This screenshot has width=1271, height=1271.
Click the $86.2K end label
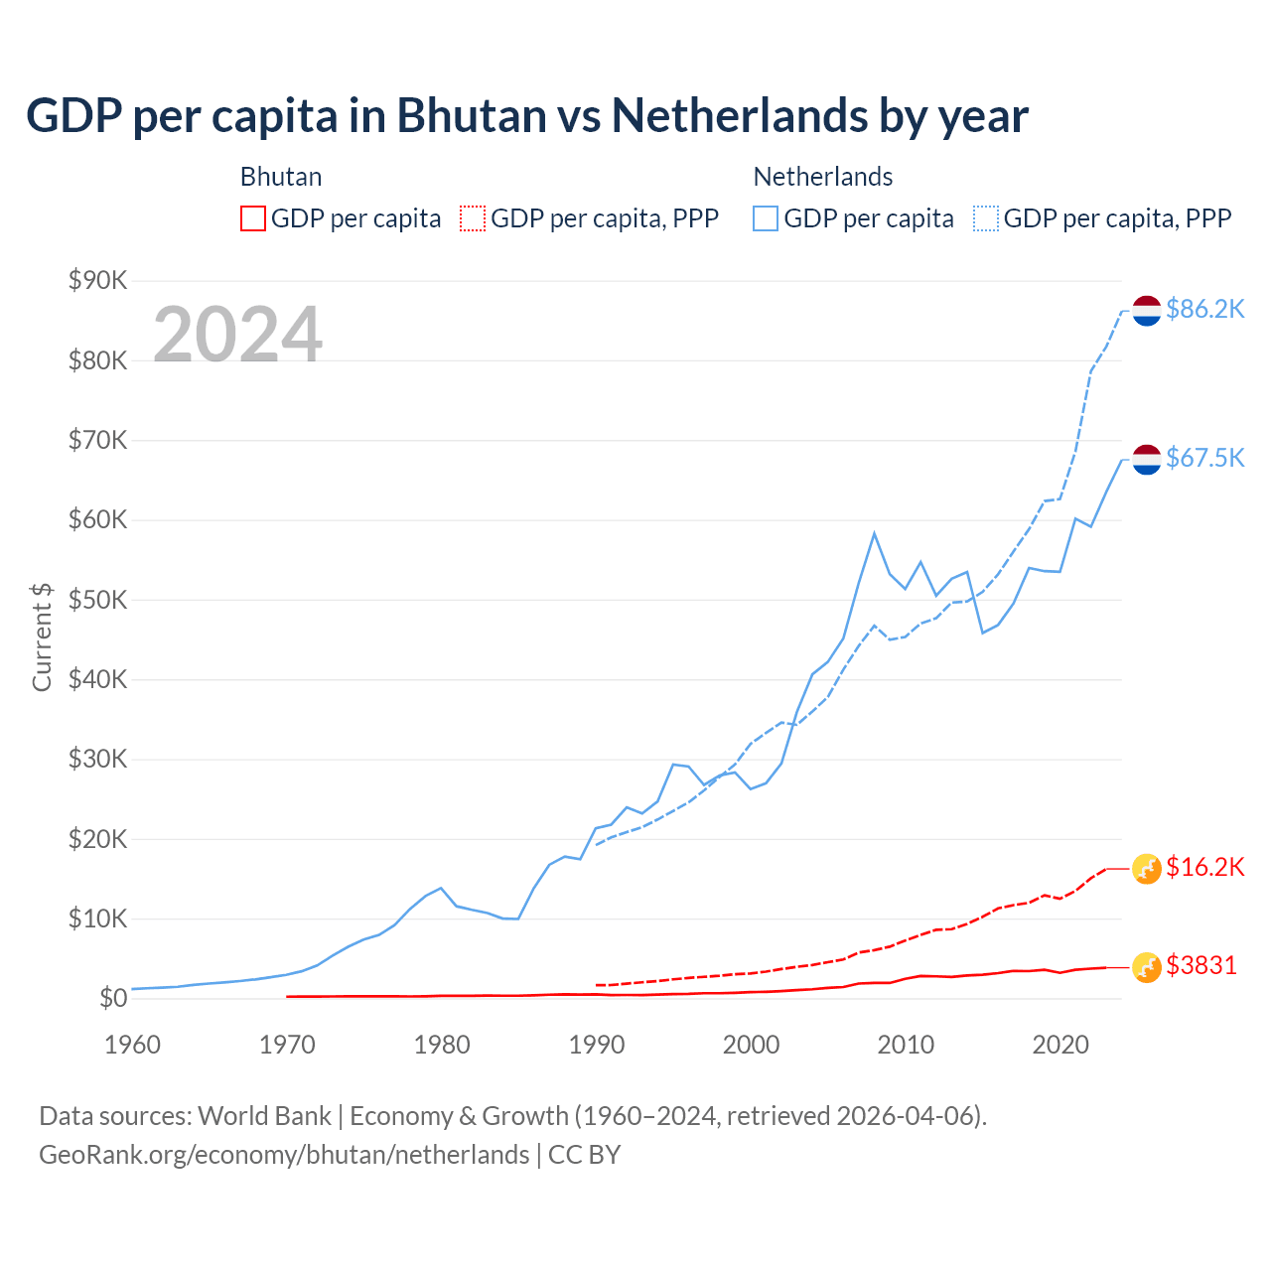[1204, 310]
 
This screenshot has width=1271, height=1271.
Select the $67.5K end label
[1204, 458]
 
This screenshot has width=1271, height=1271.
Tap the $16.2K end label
[1204, 868]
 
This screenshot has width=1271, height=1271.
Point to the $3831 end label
[1201, 965]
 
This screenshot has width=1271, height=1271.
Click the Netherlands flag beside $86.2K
[1147, 311]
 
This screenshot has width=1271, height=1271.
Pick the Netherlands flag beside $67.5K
[1147, 459]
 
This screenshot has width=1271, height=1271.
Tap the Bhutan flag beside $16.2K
[1147, 869]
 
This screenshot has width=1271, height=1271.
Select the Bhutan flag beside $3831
[1147, 967]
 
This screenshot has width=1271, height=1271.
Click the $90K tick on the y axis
[97, 281]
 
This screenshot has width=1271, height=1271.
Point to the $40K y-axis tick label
[97, 680]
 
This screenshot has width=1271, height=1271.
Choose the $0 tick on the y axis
[112, 999]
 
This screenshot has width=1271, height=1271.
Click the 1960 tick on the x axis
[132, 1045]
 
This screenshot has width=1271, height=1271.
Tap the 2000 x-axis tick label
[751, 1045]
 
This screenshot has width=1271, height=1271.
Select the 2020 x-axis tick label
[1060, 1045]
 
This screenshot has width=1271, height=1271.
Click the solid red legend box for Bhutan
[253, 218]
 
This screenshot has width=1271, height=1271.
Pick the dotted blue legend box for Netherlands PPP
[986, 218]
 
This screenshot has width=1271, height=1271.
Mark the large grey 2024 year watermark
[237, 335]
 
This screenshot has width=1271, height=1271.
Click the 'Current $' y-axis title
[42, 636]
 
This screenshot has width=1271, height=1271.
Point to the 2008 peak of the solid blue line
[874, 533]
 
